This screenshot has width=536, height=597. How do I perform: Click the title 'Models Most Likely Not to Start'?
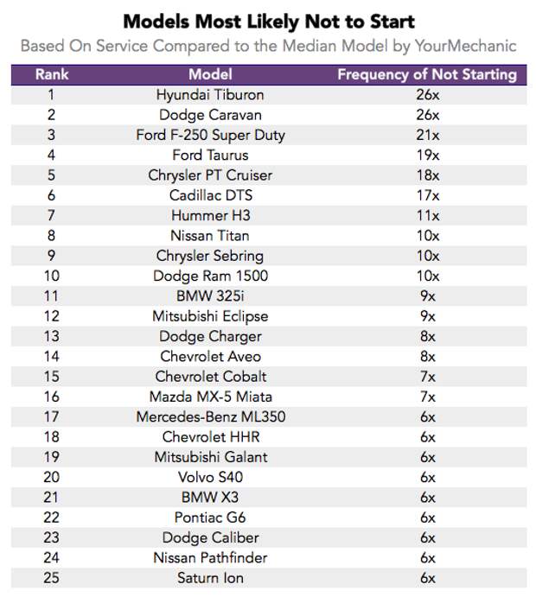268,20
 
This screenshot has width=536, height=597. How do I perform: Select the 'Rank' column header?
52,74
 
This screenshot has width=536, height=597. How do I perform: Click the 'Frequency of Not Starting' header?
426,74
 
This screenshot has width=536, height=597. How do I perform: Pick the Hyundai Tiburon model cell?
210,95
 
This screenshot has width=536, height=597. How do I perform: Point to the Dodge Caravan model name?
210,115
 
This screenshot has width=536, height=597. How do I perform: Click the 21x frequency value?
427,135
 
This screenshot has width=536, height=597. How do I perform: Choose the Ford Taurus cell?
210,156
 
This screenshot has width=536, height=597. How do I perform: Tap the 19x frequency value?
427,156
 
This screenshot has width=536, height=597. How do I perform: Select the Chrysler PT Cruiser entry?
210,175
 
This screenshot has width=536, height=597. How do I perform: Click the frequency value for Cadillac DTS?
427,195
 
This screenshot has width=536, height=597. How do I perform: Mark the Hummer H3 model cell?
210,216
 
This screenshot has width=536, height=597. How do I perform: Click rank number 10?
52,276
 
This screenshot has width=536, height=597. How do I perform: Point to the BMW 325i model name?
210,296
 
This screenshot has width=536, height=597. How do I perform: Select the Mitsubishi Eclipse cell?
210,316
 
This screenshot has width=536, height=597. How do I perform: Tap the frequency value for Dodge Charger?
427,336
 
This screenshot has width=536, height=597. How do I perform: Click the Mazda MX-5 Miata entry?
210,397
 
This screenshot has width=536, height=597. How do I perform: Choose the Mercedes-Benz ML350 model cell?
210,417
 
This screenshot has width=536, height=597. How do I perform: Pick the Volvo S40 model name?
210,478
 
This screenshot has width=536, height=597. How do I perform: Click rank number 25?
52,578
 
